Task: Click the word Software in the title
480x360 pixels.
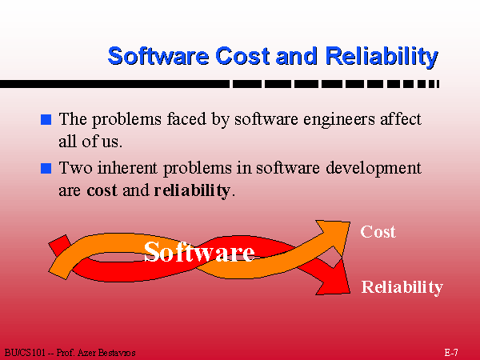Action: coord(158,56)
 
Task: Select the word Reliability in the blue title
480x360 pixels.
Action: coord(382,57)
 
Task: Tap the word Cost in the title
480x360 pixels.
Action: coord(242,56)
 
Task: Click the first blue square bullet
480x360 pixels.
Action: coord(46,119)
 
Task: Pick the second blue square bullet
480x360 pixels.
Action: coord(46,168)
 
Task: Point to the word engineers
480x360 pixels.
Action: coord(339,120)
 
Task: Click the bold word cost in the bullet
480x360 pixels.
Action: coord(102,190)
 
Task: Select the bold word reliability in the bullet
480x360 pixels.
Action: coord(192,191)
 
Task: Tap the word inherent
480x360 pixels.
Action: coord(127,168)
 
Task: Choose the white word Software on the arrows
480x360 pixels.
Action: coord(199,252)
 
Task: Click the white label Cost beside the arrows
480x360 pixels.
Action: coord(378,232)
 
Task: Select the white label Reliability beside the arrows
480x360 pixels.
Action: coord(402,287)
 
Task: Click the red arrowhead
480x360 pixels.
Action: coord(335,280)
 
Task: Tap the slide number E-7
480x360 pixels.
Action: coord(451,352)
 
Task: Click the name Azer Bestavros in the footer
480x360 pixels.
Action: coord(106,353)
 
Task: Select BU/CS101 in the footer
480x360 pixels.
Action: coord(25,353)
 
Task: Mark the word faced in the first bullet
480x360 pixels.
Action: coord(186,119)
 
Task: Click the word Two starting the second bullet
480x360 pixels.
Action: coord(75,168)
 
